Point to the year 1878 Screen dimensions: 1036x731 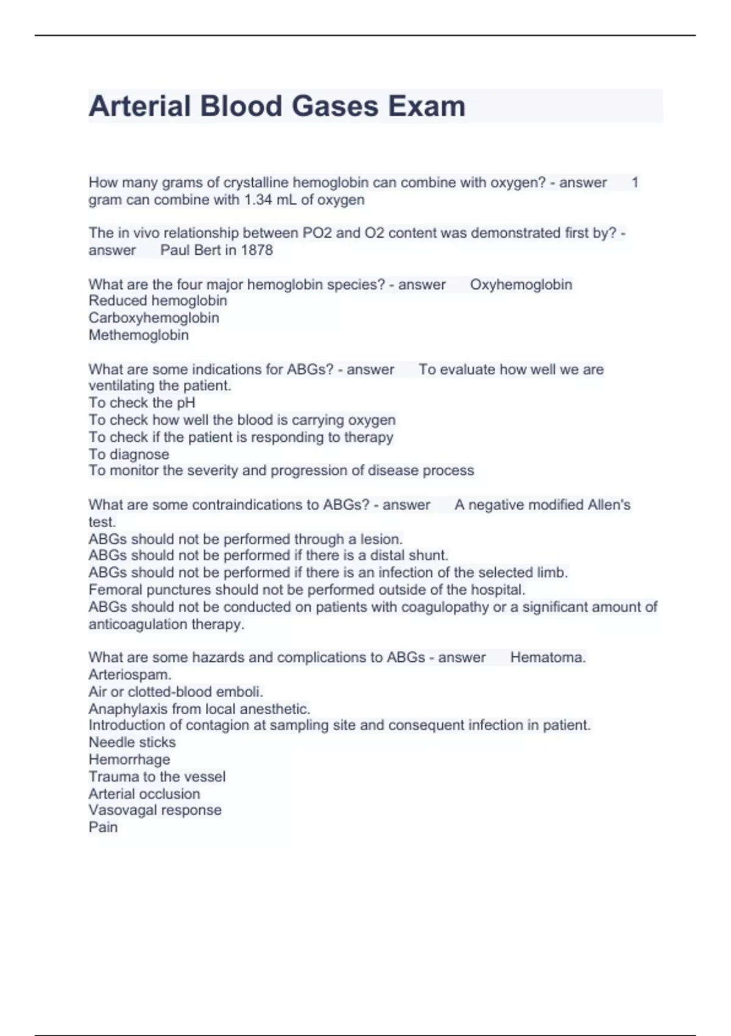coord(256,250)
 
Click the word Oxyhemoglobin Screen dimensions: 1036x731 coord(521,285)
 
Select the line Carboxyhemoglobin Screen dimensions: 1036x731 coord(154,318)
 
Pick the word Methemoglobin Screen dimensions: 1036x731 coord(138,335)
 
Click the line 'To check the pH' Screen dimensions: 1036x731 coord(142,403)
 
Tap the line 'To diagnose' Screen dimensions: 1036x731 coord(129,455)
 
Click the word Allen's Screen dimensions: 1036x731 coord(609,505)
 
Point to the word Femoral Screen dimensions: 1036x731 coord(115,590)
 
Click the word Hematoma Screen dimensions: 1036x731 coord(548,658)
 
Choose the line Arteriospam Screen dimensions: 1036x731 coord(130,675)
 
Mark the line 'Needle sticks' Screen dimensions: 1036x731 coord(132,742)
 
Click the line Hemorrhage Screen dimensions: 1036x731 coord(129,760)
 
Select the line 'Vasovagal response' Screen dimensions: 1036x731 coord(155,811)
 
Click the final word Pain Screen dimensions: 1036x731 coord(103,828)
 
